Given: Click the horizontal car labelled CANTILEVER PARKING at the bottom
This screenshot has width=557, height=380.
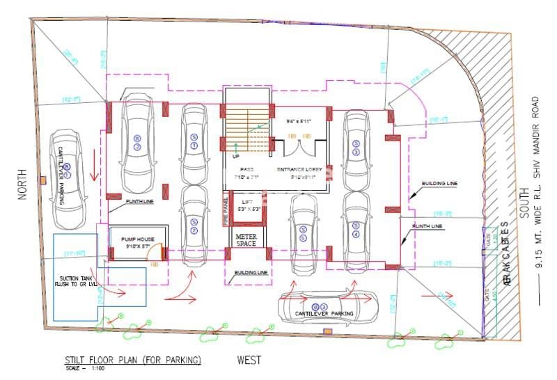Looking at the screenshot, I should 327,308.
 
